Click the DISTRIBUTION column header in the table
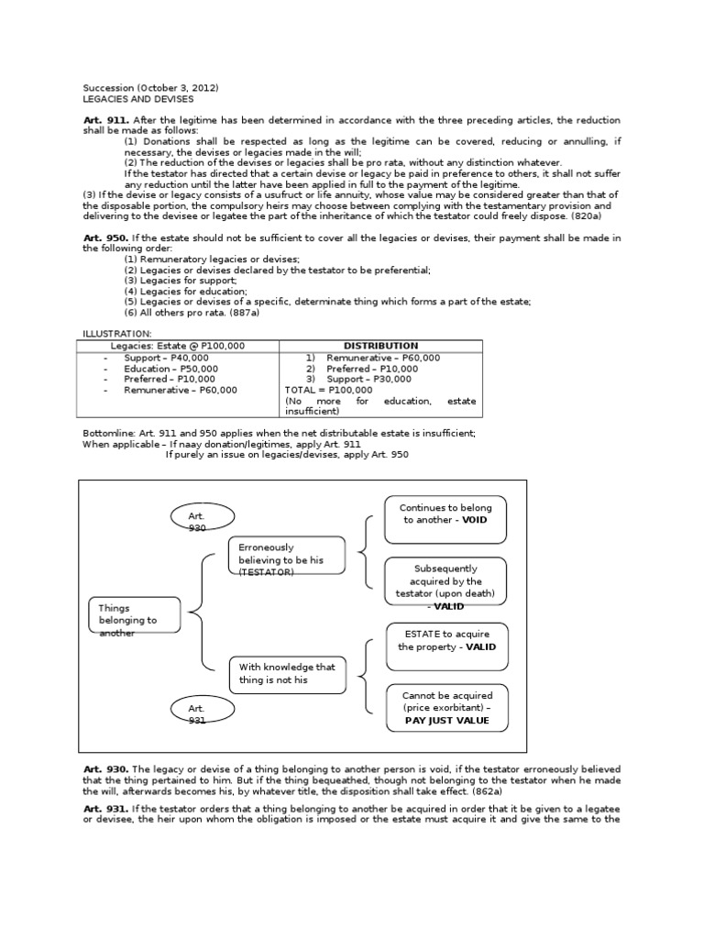coord(380,346)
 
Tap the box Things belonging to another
coord(135,620)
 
